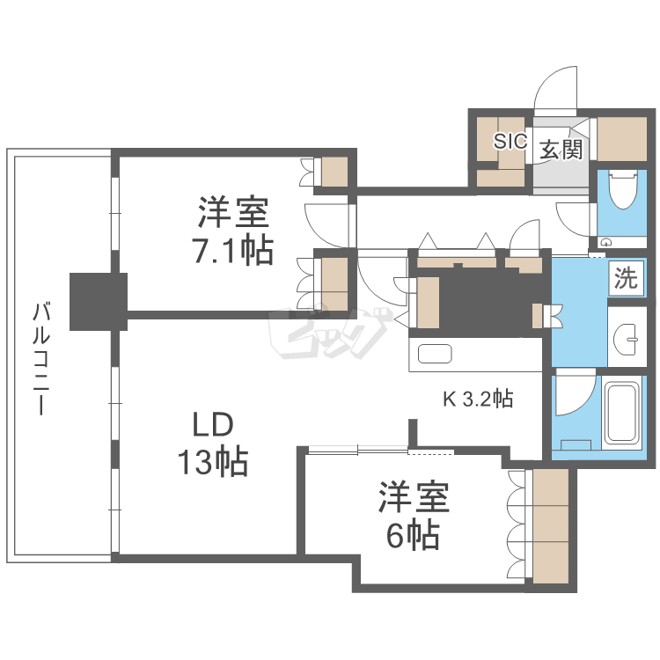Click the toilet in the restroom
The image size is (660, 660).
623,191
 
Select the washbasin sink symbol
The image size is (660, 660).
627,335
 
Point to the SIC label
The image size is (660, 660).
510,142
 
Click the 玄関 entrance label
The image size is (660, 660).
561,149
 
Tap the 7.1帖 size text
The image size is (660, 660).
232,251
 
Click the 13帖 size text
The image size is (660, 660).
212,461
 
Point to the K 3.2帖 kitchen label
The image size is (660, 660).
477,400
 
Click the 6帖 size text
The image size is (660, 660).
413,534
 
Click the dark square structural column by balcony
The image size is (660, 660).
99,300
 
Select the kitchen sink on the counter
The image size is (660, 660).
434,355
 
